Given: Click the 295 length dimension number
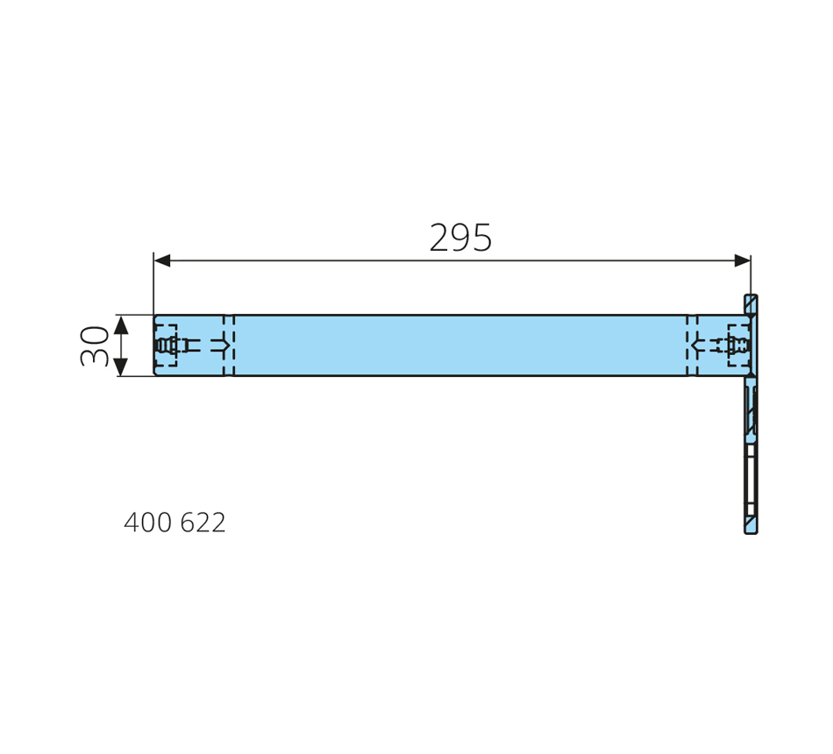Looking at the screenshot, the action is pyautogui.click(x=460, y=238).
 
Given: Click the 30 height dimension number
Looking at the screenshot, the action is pyautogui.click(x=95, y=346).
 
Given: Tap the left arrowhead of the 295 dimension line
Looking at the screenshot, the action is pyautogui.click(x=161, y=260).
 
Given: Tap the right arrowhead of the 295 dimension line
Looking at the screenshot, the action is pyautogui.click(x=742, y=260).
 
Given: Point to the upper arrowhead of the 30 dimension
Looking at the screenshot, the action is pyautogui.click(x=121, y=324).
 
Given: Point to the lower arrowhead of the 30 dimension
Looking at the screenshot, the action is pyautogui.click(x=121, y=367).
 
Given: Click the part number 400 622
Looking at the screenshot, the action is pyautogui.click(x=174, y=523).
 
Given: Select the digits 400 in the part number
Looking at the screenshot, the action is pyautogui.click(x=147, y=523).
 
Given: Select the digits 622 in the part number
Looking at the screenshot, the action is pyautogui.click(x=203, y=523).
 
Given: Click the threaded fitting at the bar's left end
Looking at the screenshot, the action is pyautogui.click(x=167, y=345).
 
